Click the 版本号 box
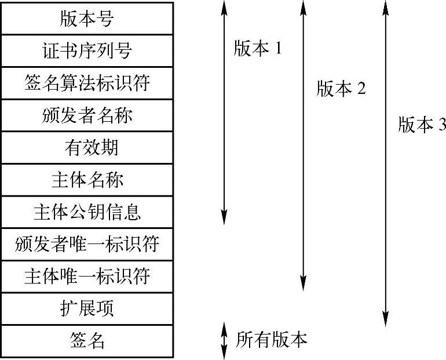click(x=87, y=19)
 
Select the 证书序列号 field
click(x=87, y=50)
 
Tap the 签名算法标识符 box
click(x=87, y=83)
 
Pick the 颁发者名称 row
click(x=87, y=115)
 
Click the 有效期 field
click(x=87, y=148)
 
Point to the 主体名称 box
click(x=87, y=180)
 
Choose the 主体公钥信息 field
click(x=87, y=212)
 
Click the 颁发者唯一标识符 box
click(x=87, y=245)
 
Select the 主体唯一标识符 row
click(x=87, y=277)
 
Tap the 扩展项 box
click(x=87, y=308)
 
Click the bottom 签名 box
click(x=87, y=341)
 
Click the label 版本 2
click(x=341, y=89)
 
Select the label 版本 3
click(x=422, y=125)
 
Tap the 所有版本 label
click(x=271, y=340)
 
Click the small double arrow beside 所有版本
click(x=225, y=341)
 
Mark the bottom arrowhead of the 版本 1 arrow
click(x=225, y=219)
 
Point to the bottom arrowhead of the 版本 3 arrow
click(x=385, y=321)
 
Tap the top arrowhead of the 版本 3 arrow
click(x=385, y=6)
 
